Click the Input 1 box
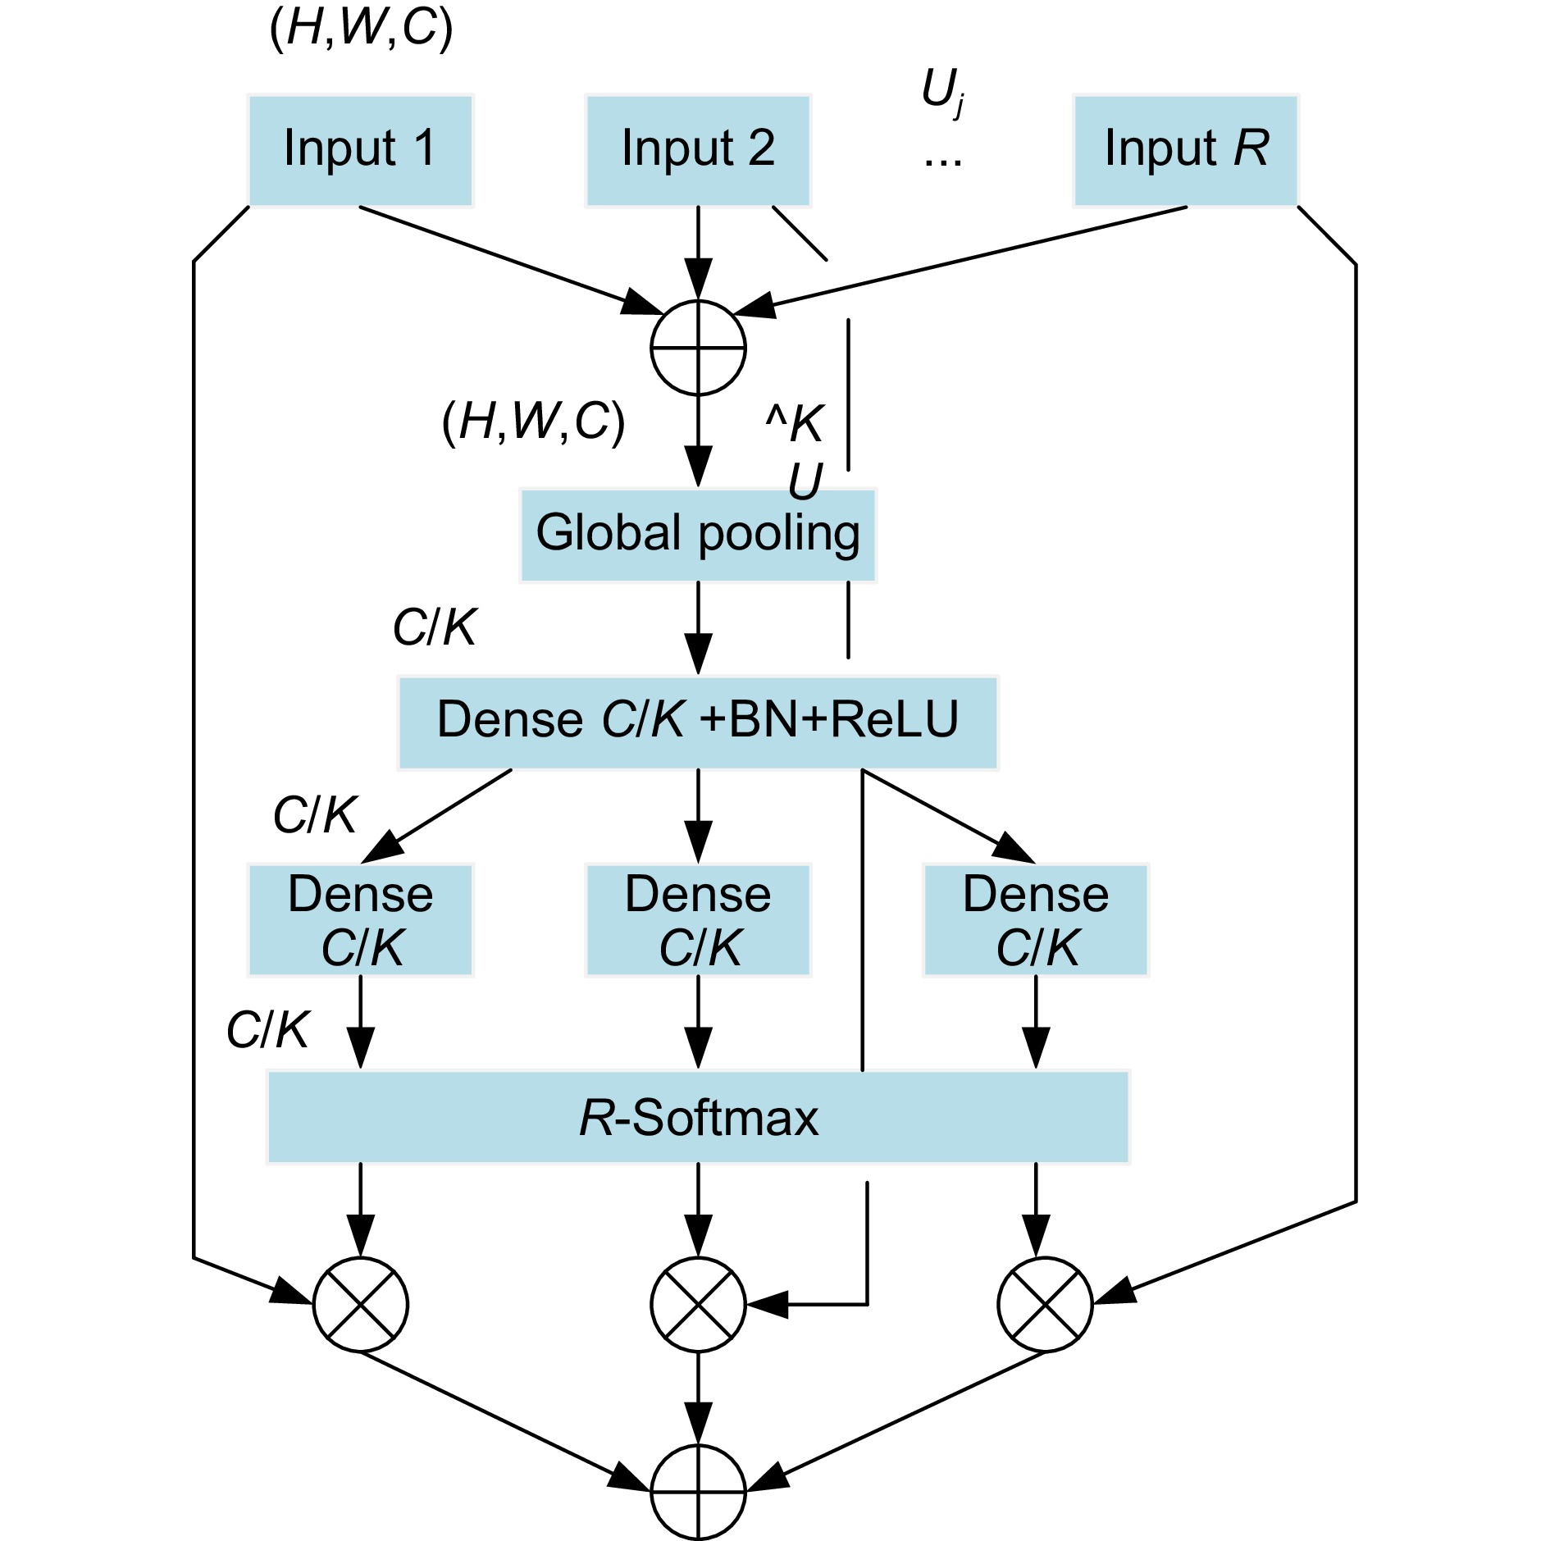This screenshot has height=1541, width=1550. (x=360, y=150)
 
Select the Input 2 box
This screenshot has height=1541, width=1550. (x=698, y=150)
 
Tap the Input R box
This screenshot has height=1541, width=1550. (x=1186, y=150)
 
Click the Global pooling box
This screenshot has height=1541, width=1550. (x=698, y=535)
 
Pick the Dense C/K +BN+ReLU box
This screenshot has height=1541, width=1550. (x=698, y=723)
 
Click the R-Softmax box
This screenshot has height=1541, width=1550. (x=698, y=1117)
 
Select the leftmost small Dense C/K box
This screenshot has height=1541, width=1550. (x=360, y=920)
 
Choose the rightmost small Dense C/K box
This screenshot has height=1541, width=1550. (x=1036, y=920)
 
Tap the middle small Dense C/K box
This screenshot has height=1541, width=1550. (x=698, y=920)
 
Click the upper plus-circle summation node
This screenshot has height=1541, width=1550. (x=698, y=348)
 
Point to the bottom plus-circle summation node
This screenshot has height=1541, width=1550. (x=698, y=1493)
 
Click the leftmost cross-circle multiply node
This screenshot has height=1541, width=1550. (x=360, y=1304)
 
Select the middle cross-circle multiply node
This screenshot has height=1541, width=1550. (x=698, y=1304)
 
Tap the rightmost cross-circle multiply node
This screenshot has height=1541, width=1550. (x=1045, y=1304)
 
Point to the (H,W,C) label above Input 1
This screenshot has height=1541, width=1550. (x=361, y=28)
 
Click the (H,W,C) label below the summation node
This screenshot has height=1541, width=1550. (x=533, y=422)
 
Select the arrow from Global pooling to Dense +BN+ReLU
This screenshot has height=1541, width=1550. (x=698, y=628)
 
